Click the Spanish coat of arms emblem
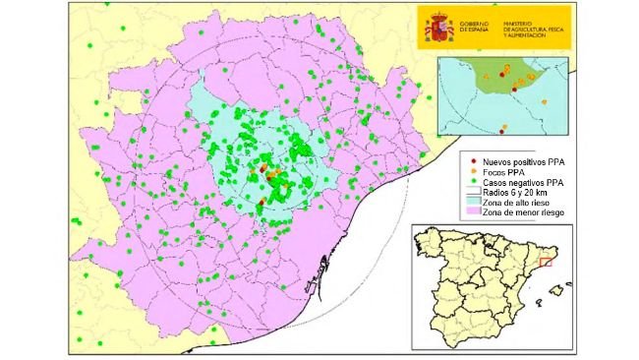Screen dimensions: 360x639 coord(436,28)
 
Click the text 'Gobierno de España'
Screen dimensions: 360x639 coord(477,27)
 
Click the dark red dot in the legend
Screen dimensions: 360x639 coord(475,160)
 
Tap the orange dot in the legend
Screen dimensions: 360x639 coord(475,172)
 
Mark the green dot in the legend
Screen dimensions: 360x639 coord(475,183)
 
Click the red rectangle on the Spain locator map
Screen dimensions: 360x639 coord(549,261)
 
